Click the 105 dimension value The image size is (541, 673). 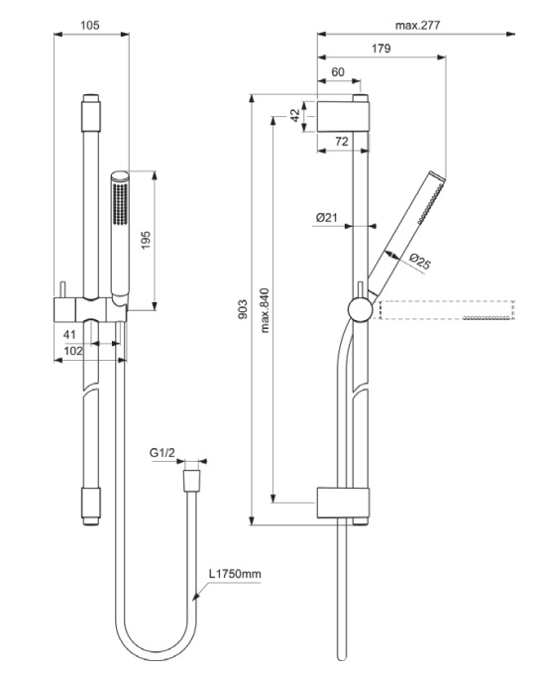(x=89, y=26)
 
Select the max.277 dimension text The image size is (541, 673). (x=417, y=26)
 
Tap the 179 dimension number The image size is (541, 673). (x=380, y=49)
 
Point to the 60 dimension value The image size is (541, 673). (x=338, y=72)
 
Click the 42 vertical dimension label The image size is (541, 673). (x=295, y=115)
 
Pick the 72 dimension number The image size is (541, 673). (x=342, y=141)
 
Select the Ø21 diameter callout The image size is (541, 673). (x=327, y=218)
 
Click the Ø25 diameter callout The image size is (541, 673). (x=419, y=261)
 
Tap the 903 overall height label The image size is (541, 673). (x=243, y=309)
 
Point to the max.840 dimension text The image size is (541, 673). (x=265, y=311)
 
